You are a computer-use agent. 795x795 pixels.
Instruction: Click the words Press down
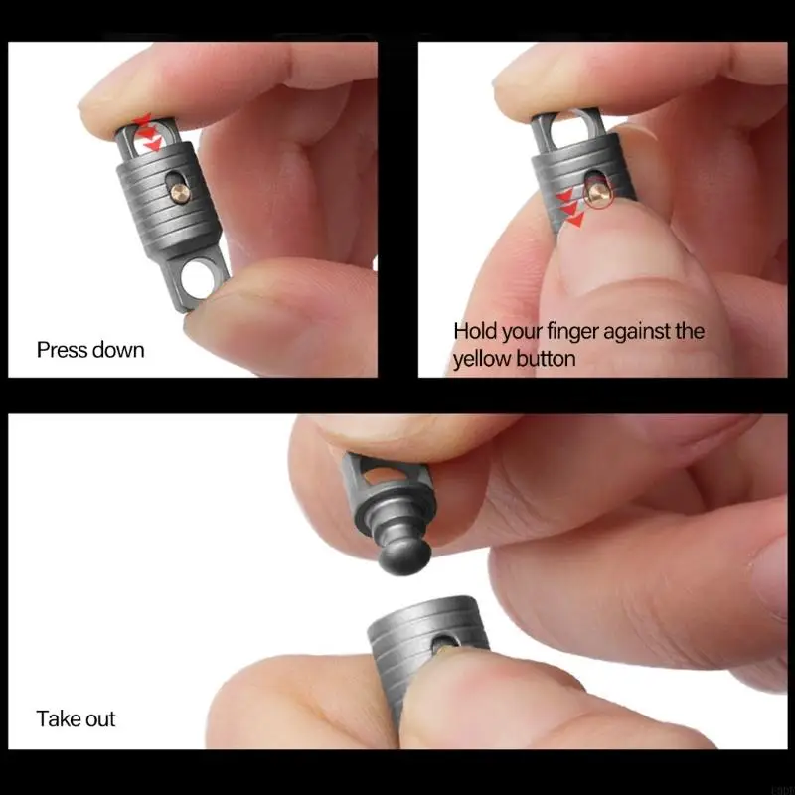tap(90, 350)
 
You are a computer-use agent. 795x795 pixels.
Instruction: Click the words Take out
tap(77, 718)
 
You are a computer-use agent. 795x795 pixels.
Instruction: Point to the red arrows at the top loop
tap(147, 132)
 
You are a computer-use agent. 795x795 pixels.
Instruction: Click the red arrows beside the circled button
tap(570, 208)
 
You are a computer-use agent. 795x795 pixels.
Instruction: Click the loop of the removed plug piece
tap(370, 475)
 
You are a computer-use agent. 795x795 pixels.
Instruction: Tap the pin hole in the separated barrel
tap(443, 647)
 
